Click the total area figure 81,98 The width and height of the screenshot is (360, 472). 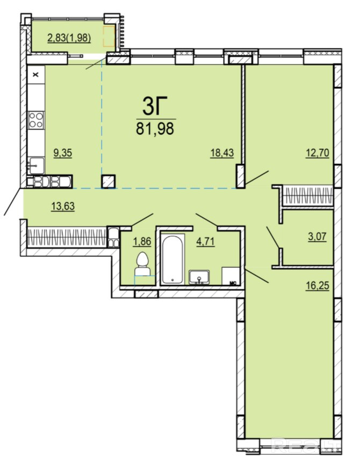(155, 128)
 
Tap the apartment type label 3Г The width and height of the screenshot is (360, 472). (155, 106)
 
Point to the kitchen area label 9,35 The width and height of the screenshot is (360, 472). (62, 153)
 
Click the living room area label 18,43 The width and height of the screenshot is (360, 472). (222, 153)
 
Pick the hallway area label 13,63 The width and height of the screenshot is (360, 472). (63, 206)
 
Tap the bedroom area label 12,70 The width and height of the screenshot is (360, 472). (318, 153)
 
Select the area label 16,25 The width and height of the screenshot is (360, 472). (318, 285)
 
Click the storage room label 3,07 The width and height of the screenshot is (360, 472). (318, 237)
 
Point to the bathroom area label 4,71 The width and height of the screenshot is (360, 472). (206, 242)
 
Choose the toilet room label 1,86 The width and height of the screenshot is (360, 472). (142, 242)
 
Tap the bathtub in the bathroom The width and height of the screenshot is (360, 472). (172, 259)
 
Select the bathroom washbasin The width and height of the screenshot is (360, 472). (199, 277)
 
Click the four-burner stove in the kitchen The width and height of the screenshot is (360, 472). (36, 119)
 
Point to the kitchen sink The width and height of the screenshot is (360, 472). (37, 166)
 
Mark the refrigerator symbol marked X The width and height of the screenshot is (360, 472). (36, 75)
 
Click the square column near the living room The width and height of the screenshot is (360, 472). (109, 182)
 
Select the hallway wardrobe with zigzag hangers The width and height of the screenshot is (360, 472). (67, 238)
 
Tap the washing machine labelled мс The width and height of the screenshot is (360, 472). (231, 276)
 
